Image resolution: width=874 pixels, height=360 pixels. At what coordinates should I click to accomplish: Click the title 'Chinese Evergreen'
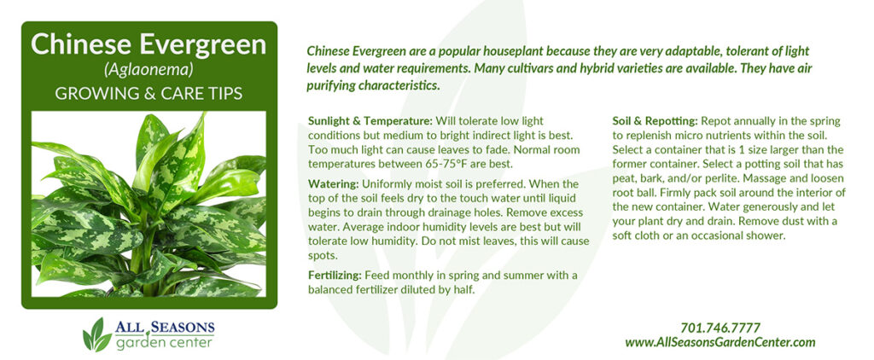[149, 44]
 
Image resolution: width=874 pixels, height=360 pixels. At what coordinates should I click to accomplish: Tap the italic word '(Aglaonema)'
[149, 70]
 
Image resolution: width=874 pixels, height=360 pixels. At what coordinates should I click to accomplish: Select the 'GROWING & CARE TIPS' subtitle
[149, 93]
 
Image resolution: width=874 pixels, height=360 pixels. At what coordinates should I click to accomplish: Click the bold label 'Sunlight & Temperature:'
[370, 121]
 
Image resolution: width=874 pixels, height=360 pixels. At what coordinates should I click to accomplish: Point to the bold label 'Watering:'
[334, 184]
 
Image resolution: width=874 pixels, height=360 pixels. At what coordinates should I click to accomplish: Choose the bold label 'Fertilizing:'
[335, 276]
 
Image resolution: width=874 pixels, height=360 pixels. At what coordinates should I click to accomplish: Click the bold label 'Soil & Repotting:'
[655, 121]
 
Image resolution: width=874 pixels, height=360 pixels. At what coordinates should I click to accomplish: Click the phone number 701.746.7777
[720, 328]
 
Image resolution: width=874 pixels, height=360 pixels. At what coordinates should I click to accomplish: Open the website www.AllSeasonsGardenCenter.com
[720, 342]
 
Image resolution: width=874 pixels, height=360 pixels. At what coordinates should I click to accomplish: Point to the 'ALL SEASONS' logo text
[165, 328]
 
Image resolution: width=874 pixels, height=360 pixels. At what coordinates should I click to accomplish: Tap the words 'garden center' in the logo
[164, 342]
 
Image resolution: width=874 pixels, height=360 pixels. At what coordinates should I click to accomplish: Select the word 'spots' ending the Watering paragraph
[321, 256]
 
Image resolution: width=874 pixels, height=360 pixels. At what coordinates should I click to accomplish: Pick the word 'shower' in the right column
[767, 235]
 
